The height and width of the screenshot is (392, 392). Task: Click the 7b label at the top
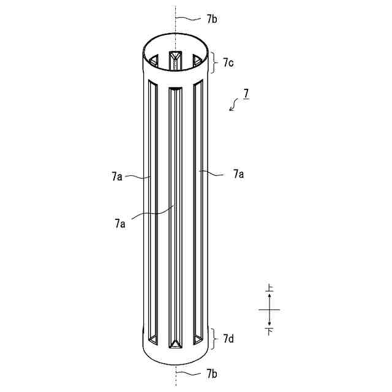212,19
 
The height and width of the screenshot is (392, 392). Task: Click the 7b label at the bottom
212,374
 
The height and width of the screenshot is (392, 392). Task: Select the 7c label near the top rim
228,62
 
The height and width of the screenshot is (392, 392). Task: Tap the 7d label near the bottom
228,339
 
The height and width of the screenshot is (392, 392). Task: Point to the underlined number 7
246,94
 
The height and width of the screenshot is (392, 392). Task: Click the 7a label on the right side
238,174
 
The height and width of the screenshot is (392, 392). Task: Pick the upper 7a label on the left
117,176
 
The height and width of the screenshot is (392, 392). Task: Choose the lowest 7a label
120,223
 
